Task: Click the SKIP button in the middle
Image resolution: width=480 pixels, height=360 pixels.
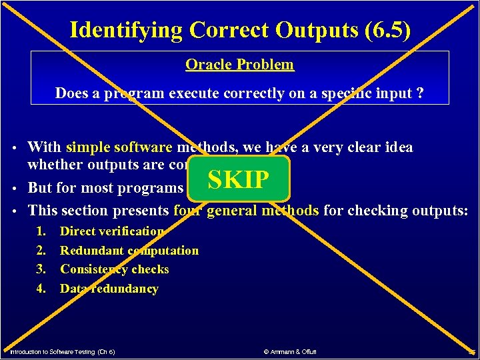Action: [x=239, y=179]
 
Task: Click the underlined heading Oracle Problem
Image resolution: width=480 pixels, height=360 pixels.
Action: [x=239, y=65]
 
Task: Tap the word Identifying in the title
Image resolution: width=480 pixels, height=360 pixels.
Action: [x=126, y=30]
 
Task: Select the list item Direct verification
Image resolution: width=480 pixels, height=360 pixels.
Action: [x=112, y=231]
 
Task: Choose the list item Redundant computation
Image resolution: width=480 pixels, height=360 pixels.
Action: [x=129, y=251]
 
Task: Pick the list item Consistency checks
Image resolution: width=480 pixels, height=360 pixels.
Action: [x=115, y=269]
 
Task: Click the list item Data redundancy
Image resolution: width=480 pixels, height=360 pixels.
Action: [x=109, y=289]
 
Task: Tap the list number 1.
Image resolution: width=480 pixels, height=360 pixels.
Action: [x=41, y=231]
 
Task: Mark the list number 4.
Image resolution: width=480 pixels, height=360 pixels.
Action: [x=41, y=289]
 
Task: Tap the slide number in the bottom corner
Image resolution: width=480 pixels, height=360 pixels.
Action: [x=471, y=351]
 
